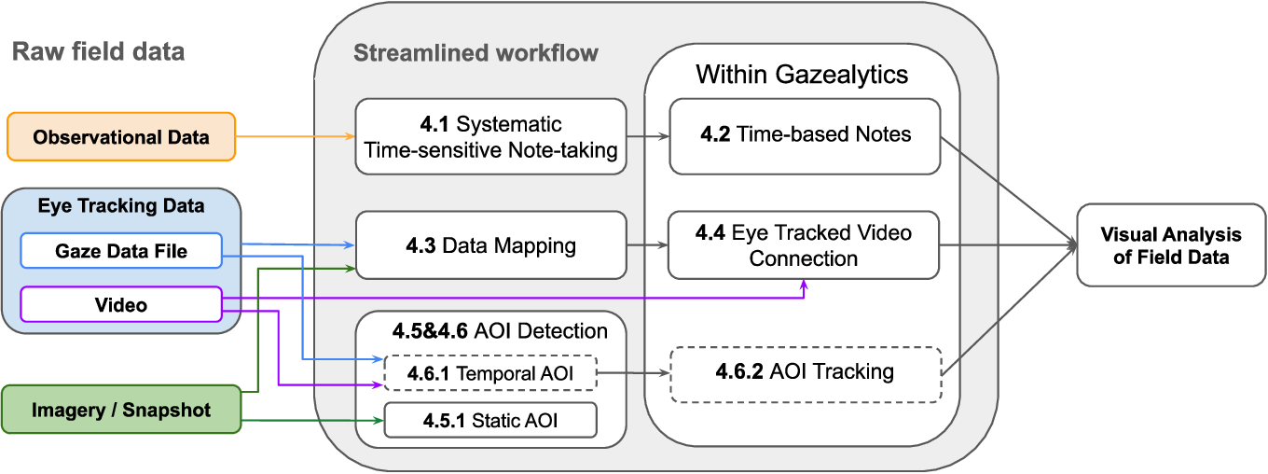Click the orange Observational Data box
[x=121, y=136]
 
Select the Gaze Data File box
[x=121, y=250]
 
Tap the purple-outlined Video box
[x=121, y=305]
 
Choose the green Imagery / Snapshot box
[x=121, y=410]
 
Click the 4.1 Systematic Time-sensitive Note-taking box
[x=490, y=136]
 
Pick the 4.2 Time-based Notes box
[x=805, y=136]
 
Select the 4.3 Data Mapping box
[x=490, y=245]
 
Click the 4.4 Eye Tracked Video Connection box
[x=804, y=245]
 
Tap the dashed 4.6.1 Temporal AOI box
[x=490, y=373]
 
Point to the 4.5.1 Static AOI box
[x=490, y=420]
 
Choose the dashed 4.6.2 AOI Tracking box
[x=806, y=374]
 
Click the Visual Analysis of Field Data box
[x=1171, y=245]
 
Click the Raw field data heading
[x=99, y=51]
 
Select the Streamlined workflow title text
[x=476, y=52]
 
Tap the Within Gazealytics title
[x=802, y=75]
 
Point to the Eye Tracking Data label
[x=121, y=205]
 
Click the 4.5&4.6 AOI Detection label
[x=500, y=330]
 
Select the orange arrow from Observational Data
[x=295, y=136]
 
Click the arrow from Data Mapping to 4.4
[x=648, y=245]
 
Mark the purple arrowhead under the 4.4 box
[x=804, y=284]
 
